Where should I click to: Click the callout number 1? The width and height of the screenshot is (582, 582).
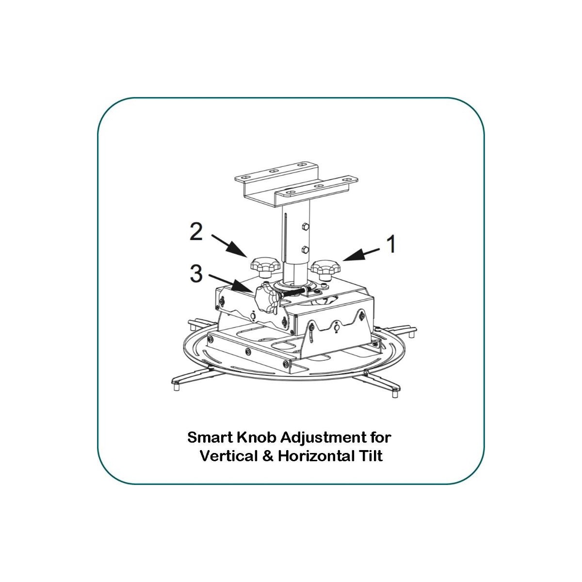[391, 244]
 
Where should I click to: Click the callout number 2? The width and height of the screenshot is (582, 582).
[196, 232]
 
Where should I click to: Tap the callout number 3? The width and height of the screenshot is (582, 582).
[196, 274]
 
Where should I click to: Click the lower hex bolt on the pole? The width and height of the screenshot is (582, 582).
[305, 249]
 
